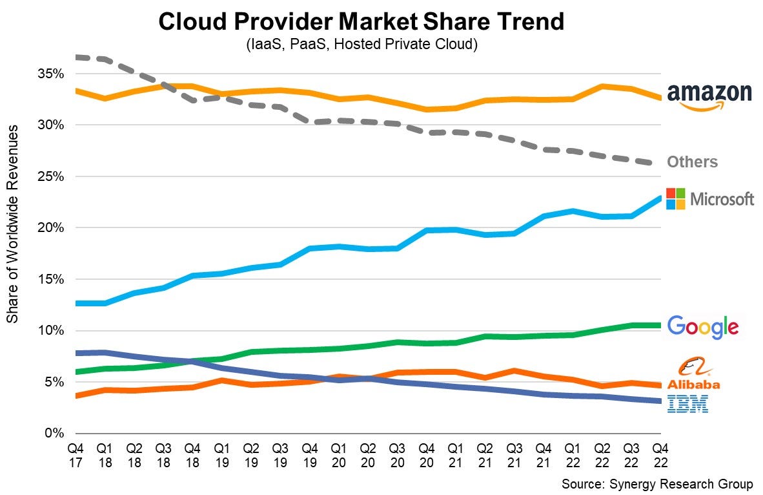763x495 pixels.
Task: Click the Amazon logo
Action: click(x=709, y=97)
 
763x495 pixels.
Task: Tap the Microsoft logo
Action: click(x=709, y=199)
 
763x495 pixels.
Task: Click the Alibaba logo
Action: click(x=693, y=375)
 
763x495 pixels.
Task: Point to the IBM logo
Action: click(x=688, y=405)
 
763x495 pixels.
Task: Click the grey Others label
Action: click(x=692, y=162)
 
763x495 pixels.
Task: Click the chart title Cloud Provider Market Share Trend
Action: click(x=361, y=22)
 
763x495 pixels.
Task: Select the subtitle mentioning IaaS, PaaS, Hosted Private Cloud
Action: click(x=361, y=45)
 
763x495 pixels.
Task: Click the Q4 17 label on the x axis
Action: click(x=76, y=454)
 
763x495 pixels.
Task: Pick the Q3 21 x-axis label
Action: click(x=514, y=454)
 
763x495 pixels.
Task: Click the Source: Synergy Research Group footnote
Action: click(x=656, y=484)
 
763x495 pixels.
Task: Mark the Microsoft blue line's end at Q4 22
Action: click(x=659, y=198)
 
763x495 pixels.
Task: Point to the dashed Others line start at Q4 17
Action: click(x=77, y=57)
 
